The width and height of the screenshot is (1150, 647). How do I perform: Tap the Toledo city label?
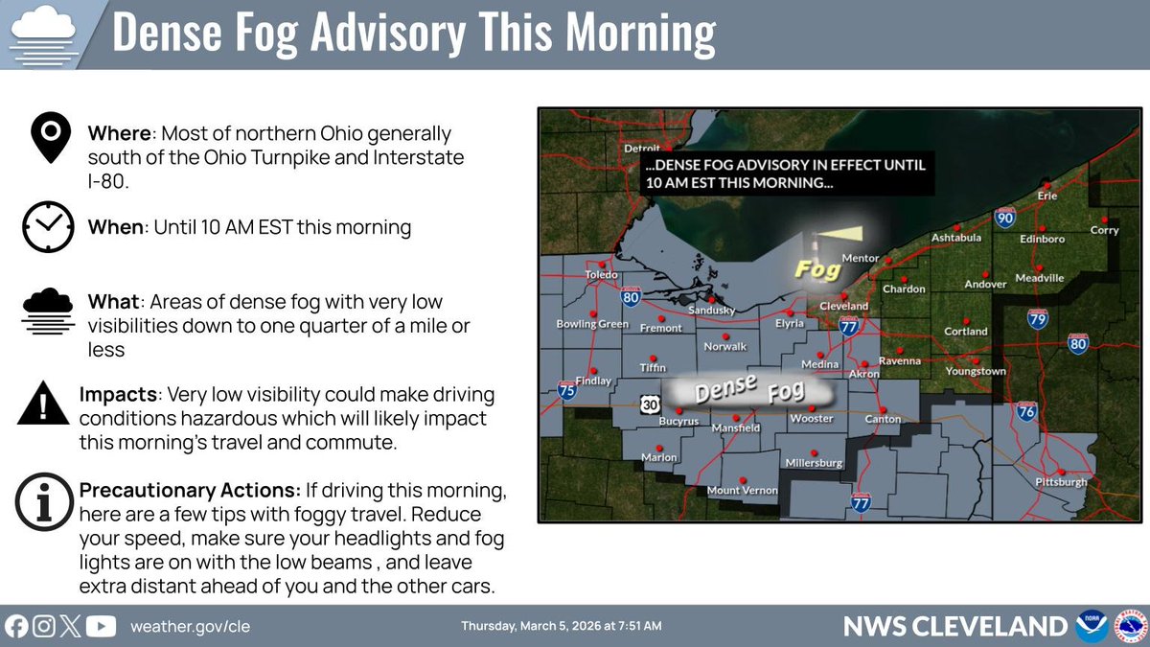point(602,274)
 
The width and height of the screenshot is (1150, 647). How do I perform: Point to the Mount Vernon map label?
point(742,491)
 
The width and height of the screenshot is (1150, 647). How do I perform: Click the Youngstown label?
point(975,371)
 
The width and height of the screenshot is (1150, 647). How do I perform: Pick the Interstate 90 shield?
point(1005,219)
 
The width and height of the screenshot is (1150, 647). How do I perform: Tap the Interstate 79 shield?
point(1037,318)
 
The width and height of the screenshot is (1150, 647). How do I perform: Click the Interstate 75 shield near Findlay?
point(567,389)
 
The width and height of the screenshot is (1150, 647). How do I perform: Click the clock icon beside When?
point(48,227)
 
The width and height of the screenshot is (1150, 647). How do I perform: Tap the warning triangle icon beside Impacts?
point(44,404)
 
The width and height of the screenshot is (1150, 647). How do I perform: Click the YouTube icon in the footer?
point(101,626)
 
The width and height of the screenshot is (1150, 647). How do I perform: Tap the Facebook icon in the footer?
point(16,626)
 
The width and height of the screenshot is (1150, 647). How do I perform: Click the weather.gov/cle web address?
point(190,626)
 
